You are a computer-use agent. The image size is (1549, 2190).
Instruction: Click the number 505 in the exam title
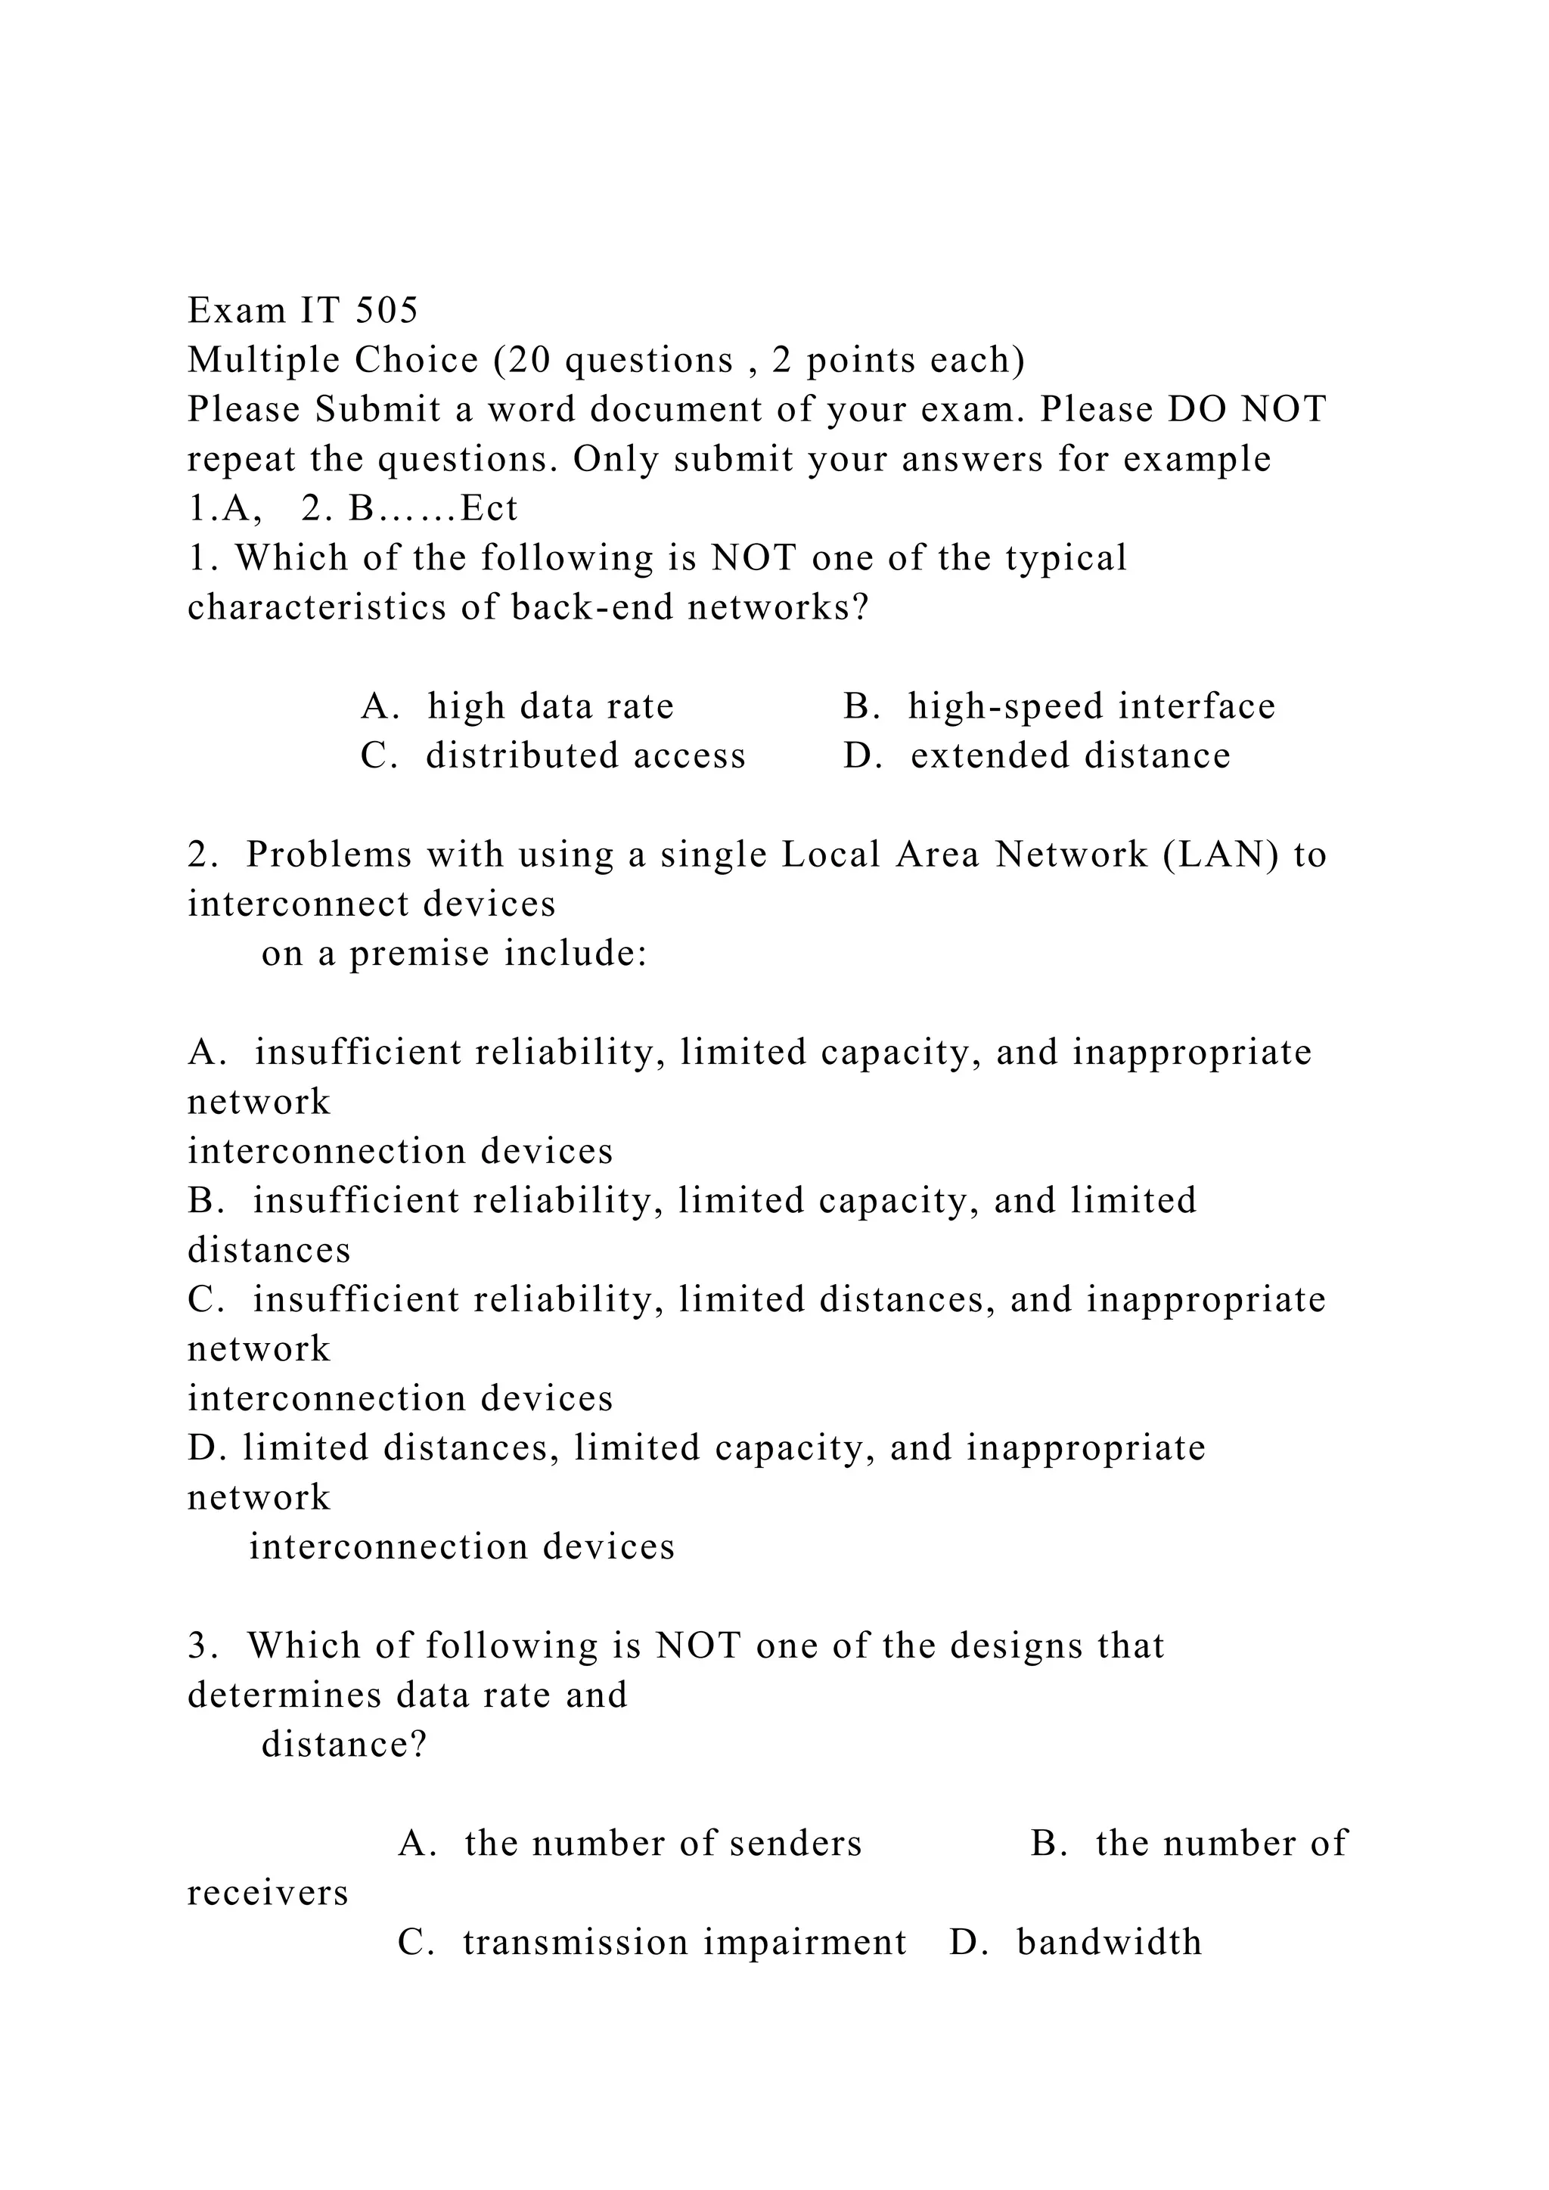click(386, 310)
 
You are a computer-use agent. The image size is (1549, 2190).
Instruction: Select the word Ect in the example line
click(489, 508)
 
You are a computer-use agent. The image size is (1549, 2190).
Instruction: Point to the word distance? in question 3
click(343, 1745)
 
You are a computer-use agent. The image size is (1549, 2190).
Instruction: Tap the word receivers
click(268, 1894)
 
